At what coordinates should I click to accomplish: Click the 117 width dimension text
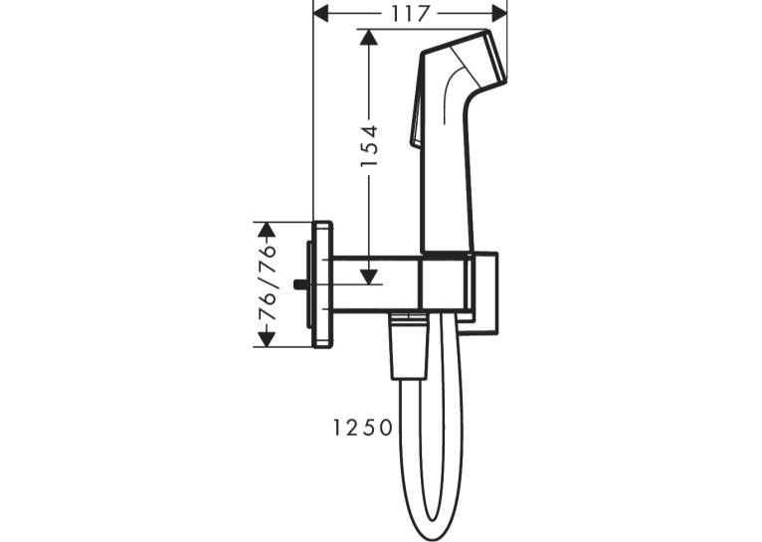411,14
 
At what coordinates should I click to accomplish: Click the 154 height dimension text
369,146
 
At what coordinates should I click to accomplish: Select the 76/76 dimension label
268,283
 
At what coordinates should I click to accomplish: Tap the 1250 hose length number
362,428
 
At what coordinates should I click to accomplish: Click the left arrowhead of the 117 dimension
321,14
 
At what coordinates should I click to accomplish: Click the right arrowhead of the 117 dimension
499,14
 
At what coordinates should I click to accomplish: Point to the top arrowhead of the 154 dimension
369,38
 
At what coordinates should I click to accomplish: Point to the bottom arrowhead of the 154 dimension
369,276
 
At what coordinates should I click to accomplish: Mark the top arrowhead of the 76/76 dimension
267,230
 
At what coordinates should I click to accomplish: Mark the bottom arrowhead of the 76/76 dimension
267,339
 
